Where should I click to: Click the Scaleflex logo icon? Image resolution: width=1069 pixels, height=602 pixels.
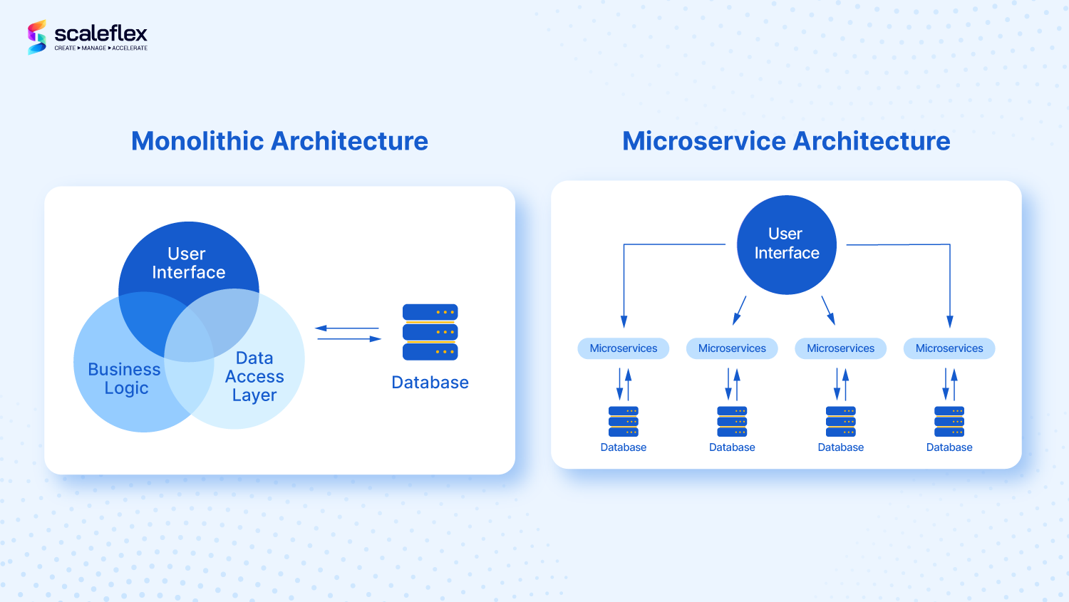point(37,37)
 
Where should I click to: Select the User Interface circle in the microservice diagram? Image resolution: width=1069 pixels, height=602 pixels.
point(786,244)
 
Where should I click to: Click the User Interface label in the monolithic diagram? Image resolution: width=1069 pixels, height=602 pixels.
point(188,263)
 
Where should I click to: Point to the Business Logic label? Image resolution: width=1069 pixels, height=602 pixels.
point(125,378)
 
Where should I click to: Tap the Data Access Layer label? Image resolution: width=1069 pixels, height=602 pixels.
point(254,376)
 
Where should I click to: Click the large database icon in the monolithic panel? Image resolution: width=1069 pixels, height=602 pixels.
point(430,332)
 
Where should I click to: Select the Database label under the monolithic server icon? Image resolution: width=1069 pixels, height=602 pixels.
point(430,383)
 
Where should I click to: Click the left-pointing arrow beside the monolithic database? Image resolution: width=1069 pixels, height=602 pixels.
point(321,328)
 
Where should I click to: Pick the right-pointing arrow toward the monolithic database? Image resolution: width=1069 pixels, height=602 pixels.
point(375,339)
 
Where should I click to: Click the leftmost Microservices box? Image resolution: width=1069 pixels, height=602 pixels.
point(624,348)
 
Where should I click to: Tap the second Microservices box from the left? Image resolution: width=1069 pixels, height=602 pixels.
point(732,348)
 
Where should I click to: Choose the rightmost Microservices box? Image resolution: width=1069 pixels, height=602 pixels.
point(949,348)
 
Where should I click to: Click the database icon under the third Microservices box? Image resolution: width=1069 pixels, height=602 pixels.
point(841,421)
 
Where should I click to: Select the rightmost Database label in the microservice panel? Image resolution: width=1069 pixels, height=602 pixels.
point(949,447)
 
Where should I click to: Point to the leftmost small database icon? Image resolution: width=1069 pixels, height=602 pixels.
point(624,421)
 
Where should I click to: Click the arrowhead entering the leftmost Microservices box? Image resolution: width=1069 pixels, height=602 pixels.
point(624,322)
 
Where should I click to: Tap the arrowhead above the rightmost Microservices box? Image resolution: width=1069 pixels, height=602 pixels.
point(949,322)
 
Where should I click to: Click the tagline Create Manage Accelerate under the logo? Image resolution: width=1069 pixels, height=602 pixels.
point(101,48)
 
